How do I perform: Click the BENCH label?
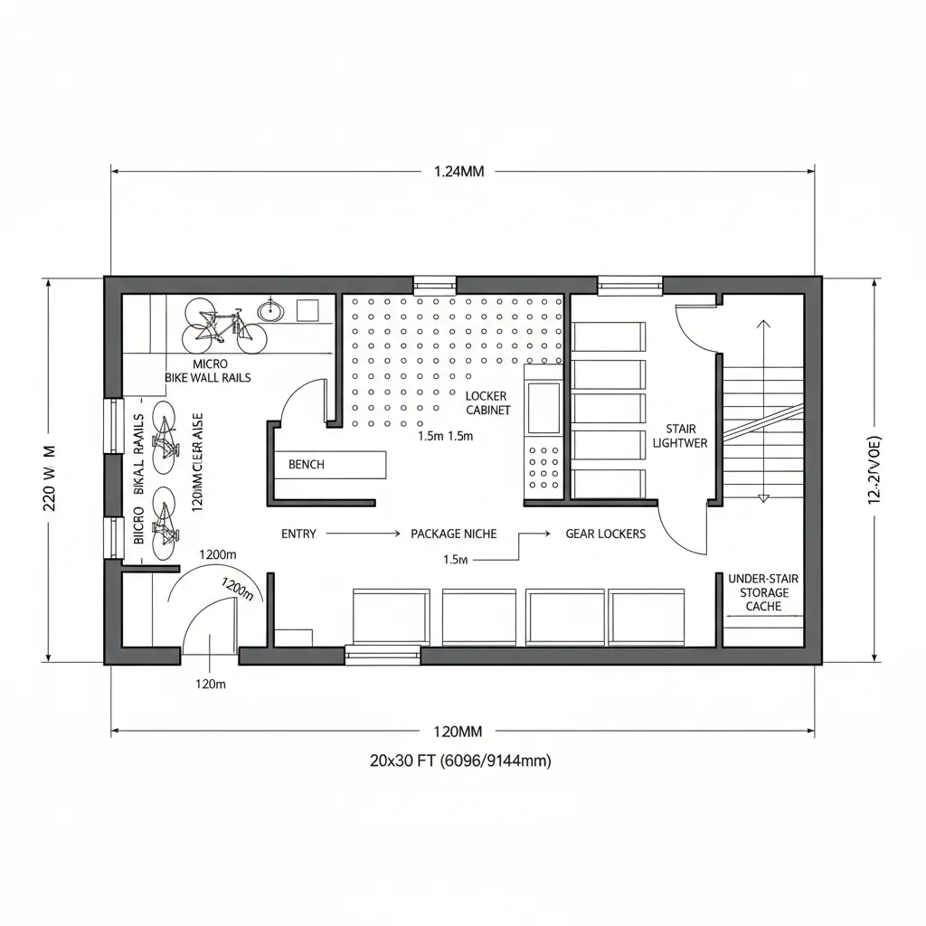point(306,464)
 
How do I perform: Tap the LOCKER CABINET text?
point(487,403)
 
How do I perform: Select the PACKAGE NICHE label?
point(453,534)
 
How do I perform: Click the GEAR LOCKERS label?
point(605,534)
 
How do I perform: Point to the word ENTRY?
point(298,534)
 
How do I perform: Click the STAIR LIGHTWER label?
point(680,436)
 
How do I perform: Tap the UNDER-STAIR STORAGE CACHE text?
point(763,592)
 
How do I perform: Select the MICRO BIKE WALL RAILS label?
point(208,371)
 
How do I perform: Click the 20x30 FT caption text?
point(459,761)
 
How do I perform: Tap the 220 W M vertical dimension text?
point(50,477)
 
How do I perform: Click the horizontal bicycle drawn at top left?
point(225,327)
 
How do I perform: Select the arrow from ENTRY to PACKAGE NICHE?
point(361,534)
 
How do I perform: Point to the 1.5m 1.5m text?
point(446,436)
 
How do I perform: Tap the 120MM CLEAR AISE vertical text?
point(198,462)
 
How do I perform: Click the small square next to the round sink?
point(307,311)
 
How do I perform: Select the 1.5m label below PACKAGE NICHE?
point(456,560)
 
